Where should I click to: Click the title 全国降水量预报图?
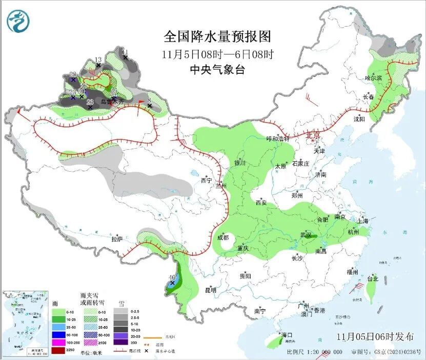tap(217, 37)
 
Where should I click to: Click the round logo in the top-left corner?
tap(18, 21)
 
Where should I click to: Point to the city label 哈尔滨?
tap(373, 78)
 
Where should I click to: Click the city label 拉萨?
tap(117, 239)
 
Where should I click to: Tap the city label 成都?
tap(222, 237)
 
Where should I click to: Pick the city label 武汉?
tap(306, 234)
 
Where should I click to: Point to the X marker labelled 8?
tap(149, 106)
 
